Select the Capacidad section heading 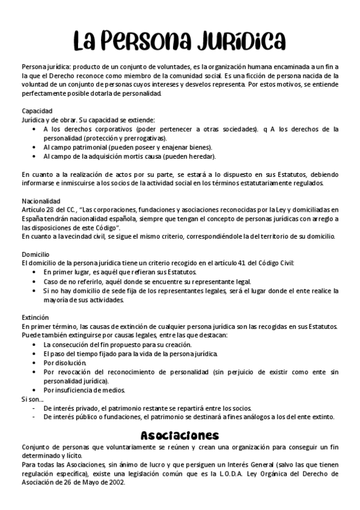37,111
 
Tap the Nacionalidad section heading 40,201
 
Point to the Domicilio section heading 36,254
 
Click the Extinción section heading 35,317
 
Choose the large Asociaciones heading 180,435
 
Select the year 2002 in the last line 115,482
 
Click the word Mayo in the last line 90,482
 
